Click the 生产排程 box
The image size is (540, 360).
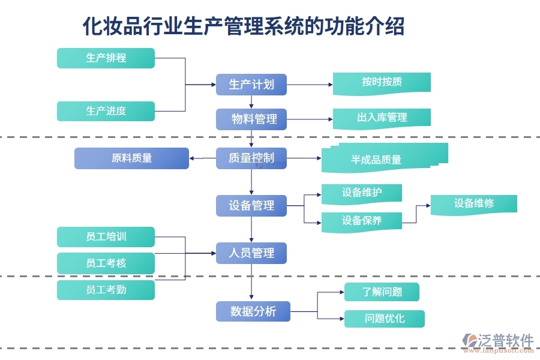point(106,58)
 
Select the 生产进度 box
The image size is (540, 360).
point(106,111)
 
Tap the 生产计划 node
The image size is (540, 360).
point(251,84)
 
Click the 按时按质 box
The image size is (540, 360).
point(382,82)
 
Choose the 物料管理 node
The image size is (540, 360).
point(251,119)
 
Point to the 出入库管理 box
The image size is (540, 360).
point(382,118)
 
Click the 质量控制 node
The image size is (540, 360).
point(251,158)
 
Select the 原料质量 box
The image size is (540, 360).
point(131,158)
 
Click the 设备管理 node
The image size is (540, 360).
point(251,206)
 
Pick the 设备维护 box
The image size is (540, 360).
point(361,193)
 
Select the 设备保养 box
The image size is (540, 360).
point(361,221)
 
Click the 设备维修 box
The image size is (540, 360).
point(473,203)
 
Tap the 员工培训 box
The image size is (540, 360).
point(106,237)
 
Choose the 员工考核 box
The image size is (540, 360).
point(106,263)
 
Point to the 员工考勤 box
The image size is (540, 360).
point(106,290)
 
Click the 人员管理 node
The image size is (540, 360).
point(251,253)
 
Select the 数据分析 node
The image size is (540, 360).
point(253,311)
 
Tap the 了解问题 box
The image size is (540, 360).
point(382,292)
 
